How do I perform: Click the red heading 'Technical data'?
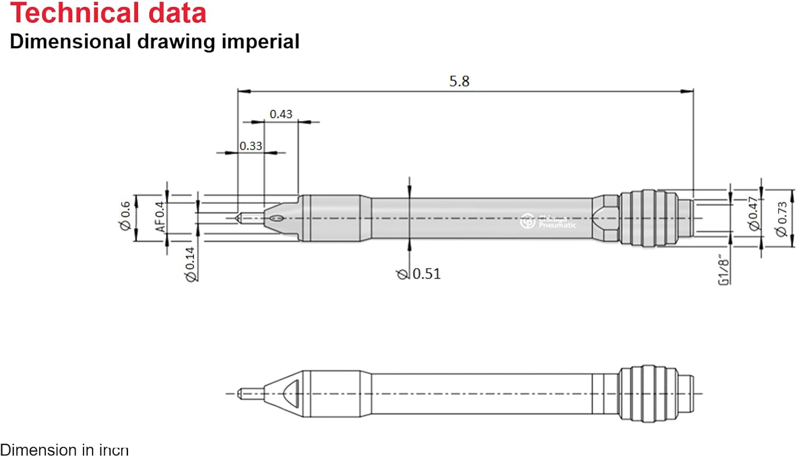108,13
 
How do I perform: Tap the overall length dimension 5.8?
459,81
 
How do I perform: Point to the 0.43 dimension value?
281,114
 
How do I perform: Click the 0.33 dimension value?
250,146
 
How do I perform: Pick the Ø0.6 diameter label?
125,216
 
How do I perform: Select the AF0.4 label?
160,217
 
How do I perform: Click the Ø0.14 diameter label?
190,264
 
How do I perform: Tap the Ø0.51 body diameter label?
419,274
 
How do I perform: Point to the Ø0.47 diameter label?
753,213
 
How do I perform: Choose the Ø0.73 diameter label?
781,219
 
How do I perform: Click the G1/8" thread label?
723,271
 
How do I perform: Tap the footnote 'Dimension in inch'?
64,450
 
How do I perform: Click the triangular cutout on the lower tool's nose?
292,393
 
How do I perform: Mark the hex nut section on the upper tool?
606,218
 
